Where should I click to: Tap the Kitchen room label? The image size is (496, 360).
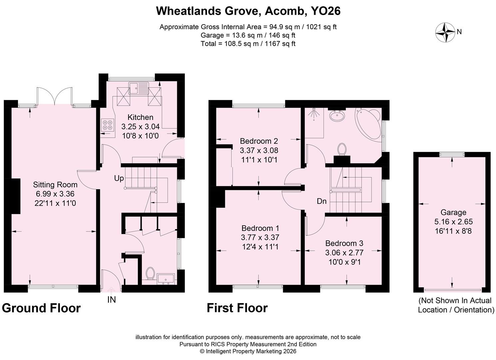pyautogui.click(x=140, y=117)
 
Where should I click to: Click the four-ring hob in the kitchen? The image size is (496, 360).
pyautogui.click(x=108, y=125)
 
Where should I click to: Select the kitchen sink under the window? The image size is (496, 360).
pyautogui.click(x=139, y=88)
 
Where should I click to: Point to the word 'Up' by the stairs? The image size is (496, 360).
pyautogui.click(x=119, y=178)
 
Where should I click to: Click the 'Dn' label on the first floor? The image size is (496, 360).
pyautogui.click(x=322, y=201)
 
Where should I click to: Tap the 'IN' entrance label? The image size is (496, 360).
pyautogui.click(x=112, y=300)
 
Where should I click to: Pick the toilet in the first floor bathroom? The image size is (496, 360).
pyautogui.click(x=342, y=149)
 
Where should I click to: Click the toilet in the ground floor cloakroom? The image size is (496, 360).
pyautogui.click(x=150, y=273)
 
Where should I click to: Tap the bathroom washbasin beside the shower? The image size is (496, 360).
pyautogui.click(x=337, y=115)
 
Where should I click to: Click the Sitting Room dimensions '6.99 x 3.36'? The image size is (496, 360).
pyautogui.click(x=55, y=194)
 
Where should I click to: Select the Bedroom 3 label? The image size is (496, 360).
pyautogui.click(x=344, y=243)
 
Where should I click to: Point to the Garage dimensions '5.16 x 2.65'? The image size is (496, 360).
pyautogui.click(x=453, y=222)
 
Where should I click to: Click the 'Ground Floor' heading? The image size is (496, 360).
pyautogui.click(x=41, y=308)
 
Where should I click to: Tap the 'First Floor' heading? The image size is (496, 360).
pyautogui.click(x=237, y=308)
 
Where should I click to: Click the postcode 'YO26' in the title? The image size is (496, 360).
pyautogui.click(x=325, y=11)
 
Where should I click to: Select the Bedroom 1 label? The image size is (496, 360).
pyautogui.click(x=260, y=228)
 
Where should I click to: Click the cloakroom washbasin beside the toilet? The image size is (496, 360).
pyautogui.click(x=166, y=279)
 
